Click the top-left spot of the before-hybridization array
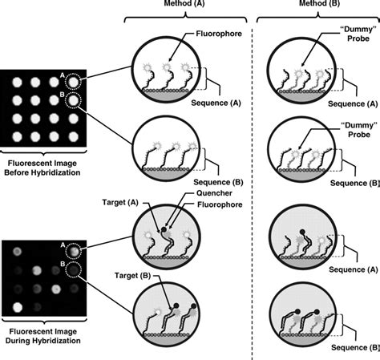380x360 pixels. [x=15, y=82]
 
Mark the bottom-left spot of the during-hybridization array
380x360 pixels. [x=15, y=307]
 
